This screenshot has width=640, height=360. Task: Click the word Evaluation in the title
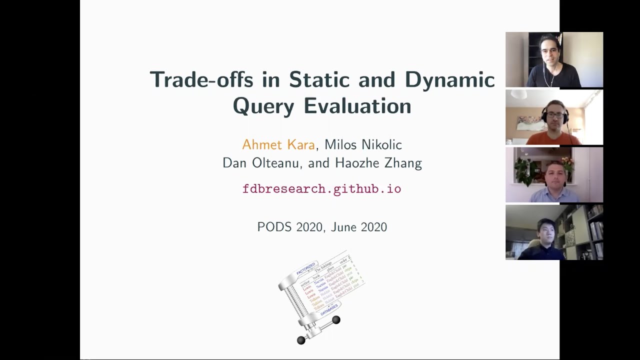[x=357, y=106]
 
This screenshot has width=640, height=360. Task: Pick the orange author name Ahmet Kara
[x=278, y=145]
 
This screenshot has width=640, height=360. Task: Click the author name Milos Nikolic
[x=363, y=145]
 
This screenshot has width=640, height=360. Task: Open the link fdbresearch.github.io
[x=321, y=189]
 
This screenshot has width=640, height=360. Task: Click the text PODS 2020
[x=289, y=227]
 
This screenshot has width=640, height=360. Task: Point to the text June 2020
[x=359, y=227]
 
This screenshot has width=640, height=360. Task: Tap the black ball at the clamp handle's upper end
[x=336, y=320]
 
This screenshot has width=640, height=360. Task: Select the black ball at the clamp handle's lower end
[x=301, y=340]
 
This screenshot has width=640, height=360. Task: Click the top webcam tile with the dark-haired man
[x=554, y=60]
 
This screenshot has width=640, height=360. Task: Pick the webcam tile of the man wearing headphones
[x=554, y=117]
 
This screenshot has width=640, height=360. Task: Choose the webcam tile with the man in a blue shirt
[x=554, y=175]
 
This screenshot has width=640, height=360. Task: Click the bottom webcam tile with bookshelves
[x=554, y=232]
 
